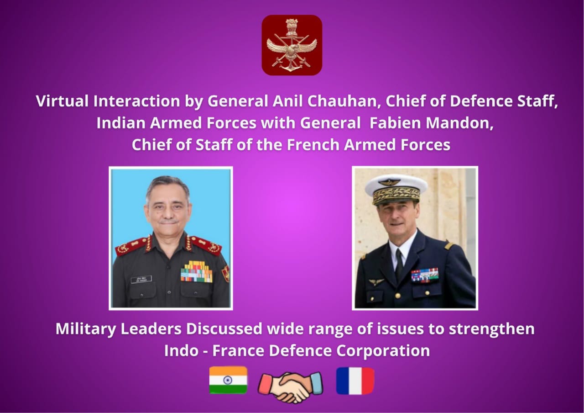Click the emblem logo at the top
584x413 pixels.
pos(292,45)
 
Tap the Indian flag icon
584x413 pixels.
pos(228,380)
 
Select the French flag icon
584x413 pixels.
pos(355,381)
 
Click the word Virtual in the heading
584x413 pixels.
pos(63,101)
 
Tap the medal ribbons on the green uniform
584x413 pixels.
pos(197,272)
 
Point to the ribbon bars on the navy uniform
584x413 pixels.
pos(425,275)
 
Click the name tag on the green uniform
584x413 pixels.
pos(141,279)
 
